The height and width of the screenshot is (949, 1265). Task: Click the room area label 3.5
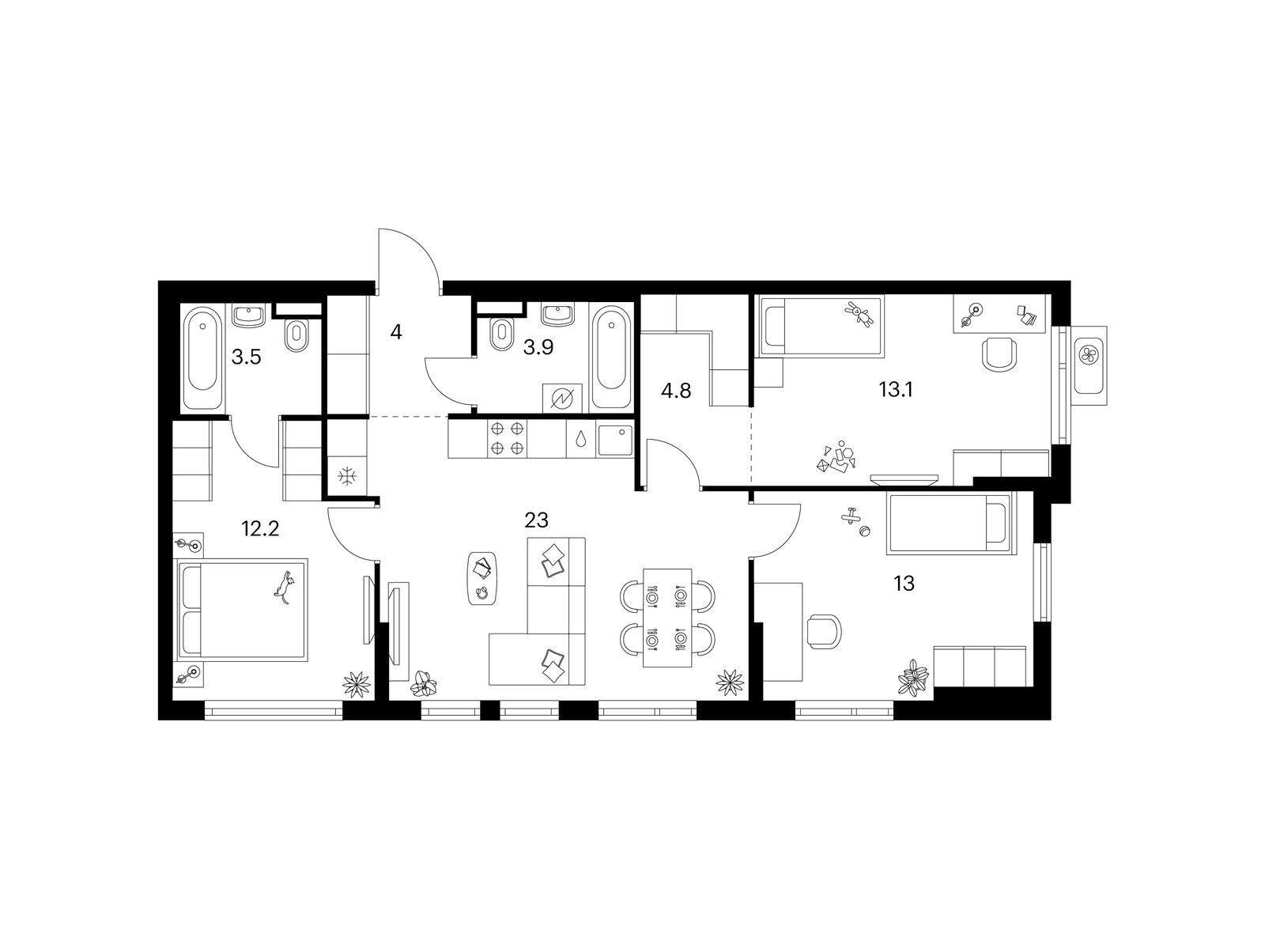tap(246, 357)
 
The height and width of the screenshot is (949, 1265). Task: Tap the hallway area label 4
tap(395, 332)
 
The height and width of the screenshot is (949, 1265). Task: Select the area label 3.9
tap(538, 347)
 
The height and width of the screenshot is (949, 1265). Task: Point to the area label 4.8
tap(676, 391)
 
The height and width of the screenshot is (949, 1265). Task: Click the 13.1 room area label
tap(896, 390)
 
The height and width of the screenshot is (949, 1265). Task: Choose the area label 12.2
tap(260, 527)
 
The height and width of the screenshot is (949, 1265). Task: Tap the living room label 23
tap(536, 520)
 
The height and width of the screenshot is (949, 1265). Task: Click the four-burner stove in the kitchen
tap(507, 438)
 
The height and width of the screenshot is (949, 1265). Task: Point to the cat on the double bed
tap(284, 587)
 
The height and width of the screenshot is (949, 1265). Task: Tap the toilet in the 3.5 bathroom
tap(297, 335)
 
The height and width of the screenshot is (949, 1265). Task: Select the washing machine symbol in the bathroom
tap(562, 398)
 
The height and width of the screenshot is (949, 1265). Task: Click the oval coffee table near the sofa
tap(483, 579)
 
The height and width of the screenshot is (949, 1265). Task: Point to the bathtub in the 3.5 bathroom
tap(202, 357)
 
